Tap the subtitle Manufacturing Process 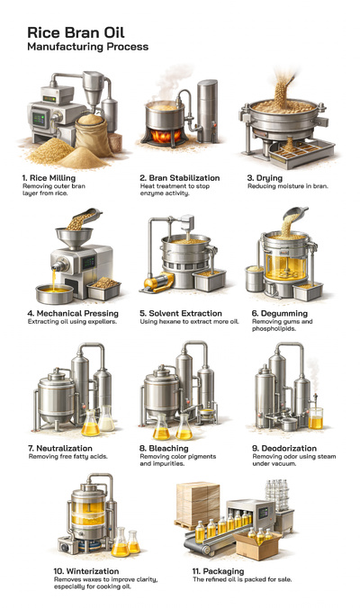click(88, 46)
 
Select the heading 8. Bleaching click(168, 447)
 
